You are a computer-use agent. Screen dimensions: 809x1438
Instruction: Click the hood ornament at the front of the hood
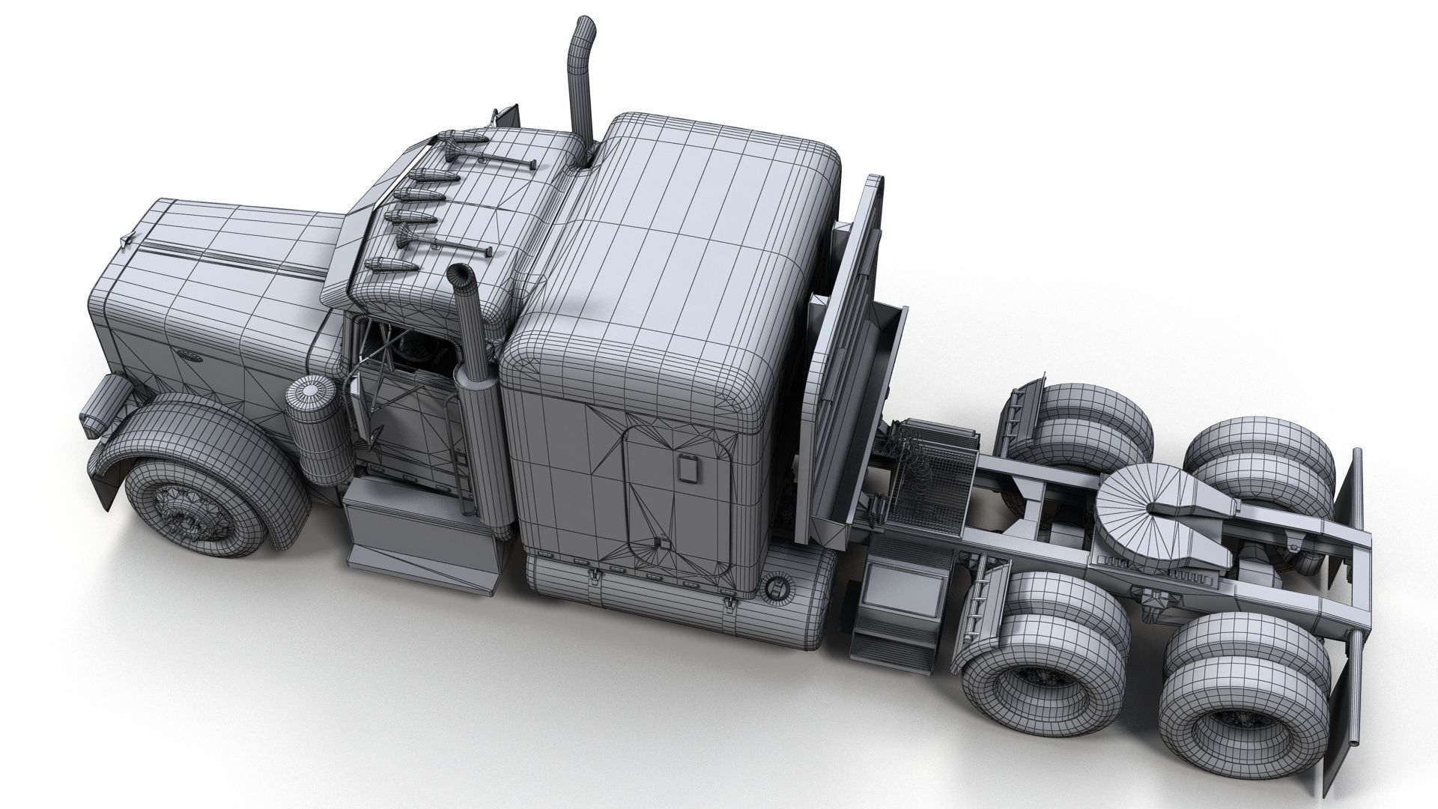[x=126, y=239]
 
